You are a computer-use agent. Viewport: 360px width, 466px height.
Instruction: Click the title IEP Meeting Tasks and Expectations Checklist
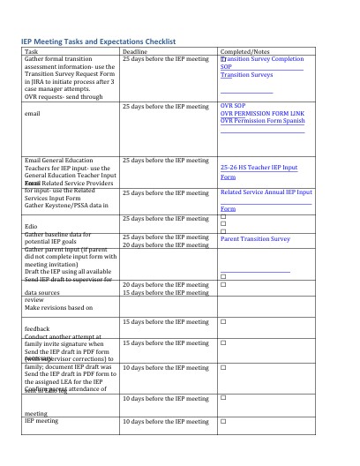[x=98, y=41]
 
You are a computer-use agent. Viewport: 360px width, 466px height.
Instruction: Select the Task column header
[x=31, y=52]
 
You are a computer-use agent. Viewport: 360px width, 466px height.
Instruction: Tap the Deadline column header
[x=134, y=52]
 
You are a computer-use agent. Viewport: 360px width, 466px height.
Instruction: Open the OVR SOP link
[x=234, y=105]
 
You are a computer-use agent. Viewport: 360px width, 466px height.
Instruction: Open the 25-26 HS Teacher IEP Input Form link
[x=259, y=168]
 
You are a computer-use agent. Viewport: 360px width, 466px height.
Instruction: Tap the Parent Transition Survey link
[x=255, y=238]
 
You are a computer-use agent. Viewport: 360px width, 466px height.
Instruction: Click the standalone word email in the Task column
[x=33, y=114]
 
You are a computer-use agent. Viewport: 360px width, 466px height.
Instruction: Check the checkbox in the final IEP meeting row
[x=223, y=421]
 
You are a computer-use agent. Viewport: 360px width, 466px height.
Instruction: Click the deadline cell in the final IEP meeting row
[x=165, y=421]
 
